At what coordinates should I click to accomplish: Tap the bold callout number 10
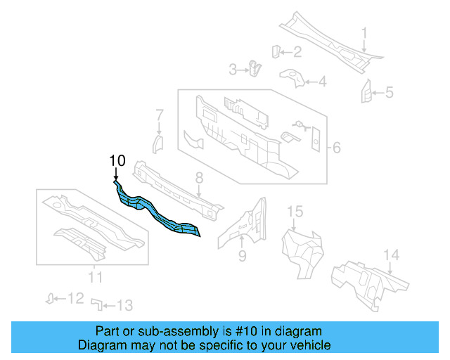tap(117, 161)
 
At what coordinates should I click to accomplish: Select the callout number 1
tap(364, 32)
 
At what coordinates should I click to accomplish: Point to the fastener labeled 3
tap(255, 68)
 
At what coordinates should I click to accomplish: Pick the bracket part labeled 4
tap(290, 75)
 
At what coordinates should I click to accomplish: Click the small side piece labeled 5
tap(366, 91)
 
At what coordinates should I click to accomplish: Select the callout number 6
tap(336, 148)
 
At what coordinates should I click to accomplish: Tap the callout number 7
tap(160, 114)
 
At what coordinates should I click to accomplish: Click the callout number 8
tap(199, 178)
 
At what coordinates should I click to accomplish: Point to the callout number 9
tap(242, 256)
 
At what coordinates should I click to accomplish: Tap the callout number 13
tap(124, 305)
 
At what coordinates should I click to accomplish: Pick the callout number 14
tap(391, 255)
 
